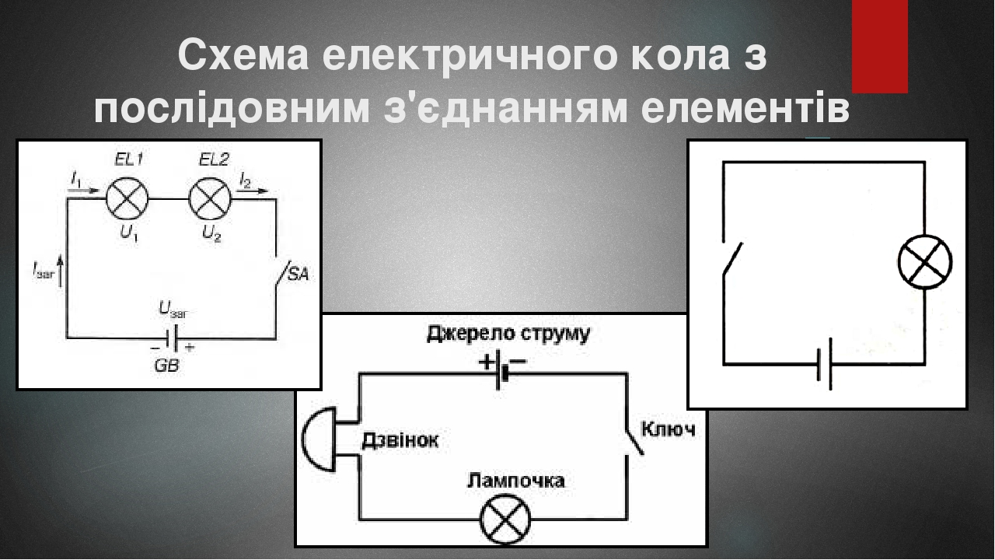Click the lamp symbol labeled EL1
click(x=126, y=199)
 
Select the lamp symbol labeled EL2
click(x=210, y=199)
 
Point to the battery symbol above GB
click(x=173, y=338)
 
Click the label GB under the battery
click(x=166, y=366)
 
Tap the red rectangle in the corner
click(x=879, y=47)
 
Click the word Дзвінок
click(x=400, y=441)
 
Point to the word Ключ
click(x=667, y=429)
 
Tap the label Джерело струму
click(x=508, y=335)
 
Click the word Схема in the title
click(x=232, y=56)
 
